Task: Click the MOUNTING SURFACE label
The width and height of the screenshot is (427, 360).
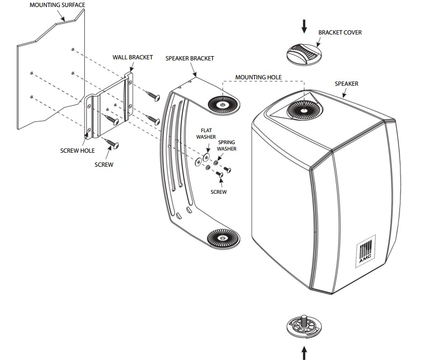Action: [x=58, y=5]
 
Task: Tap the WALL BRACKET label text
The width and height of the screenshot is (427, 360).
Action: [x=133, y=57]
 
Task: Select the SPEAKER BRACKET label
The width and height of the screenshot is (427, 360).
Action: [x=189, y=58]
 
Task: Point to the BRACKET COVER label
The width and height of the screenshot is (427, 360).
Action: [x=340, y=33]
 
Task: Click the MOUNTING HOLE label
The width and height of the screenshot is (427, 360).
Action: [x=259, y=78]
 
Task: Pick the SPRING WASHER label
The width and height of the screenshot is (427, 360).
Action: [x=227, y=145]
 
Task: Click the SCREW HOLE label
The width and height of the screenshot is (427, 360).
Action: [x=78, y=151]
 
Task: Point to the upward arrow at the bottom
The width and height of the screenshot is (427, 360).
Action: [x=304, y=352]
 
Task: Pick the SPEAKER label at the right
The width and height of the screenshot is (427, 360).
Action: [x=346, y=84]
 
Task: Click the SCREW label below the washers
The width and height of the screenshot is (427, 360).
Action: [x=219, y=192]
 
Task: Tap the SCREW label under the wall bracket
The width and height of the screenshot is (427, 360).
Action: [x=104, y=165]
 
